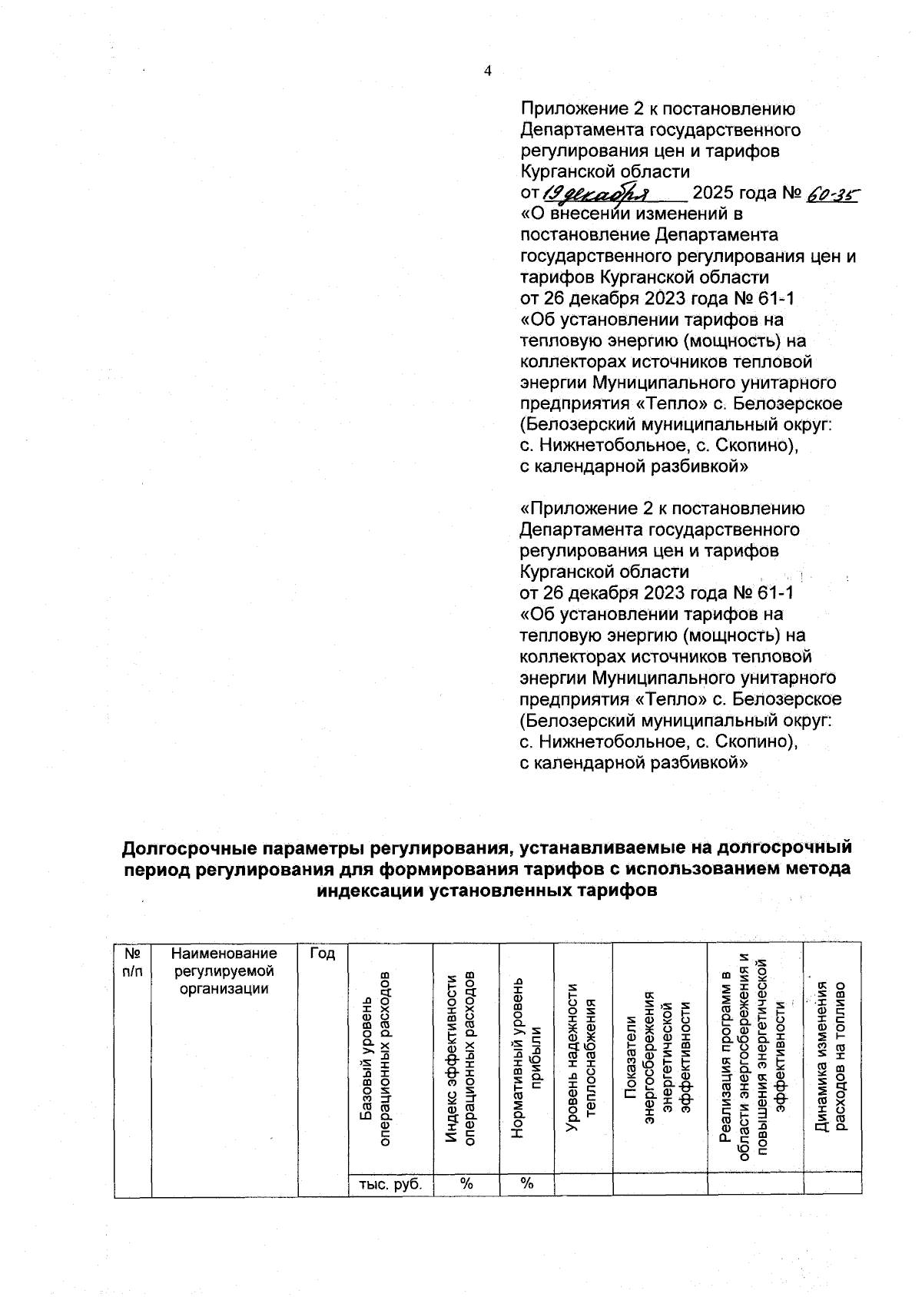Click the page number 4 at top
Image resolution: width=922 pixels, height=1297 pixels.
[487, 71]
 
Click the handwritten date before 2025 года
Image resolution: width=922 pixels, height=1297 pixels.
[598, 194]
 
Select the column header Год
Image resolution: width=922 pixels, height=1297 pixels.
[323, 954]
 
